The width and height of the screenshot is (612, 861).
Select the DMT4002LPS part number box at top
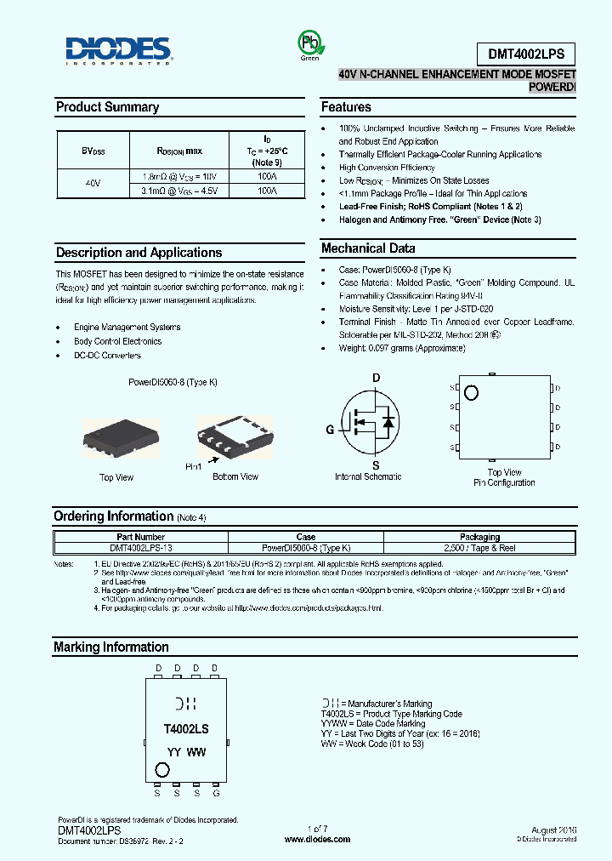(x=531, y=53)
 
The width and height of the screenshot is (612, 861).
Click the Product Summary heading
(x=107, y=107)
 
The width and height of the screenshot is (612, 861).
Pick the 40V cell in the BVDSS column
(x=92, y=184)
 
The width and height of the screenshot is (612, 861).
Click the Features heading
(x=346, y=107)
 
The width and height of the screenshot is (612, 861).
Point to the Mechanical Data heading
(x=368, y=248)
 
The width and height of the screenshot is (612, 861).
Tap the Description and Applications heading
(x=139, y=253)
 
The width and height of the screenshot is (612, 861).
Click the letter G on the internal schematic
(x=329, y=430)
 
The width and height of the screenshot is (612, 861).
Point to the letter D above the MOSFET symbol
(x=376, y=377)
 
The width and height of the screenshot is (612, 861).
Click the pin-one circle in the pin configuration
(x=471, y=392)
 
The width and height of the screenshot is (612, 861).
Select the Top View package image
(x=116, y=436)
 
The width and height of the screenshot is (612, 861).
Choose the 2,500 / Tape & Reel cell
(x=479, y=549)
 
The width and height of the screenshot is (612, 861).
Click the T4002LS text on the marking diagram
(x=185, y=729)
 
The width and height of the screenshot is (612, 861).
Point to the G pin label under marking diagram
(x=216, y=793)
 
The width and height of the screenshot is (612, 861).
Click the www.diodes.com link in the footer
(x=317, y=840)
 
